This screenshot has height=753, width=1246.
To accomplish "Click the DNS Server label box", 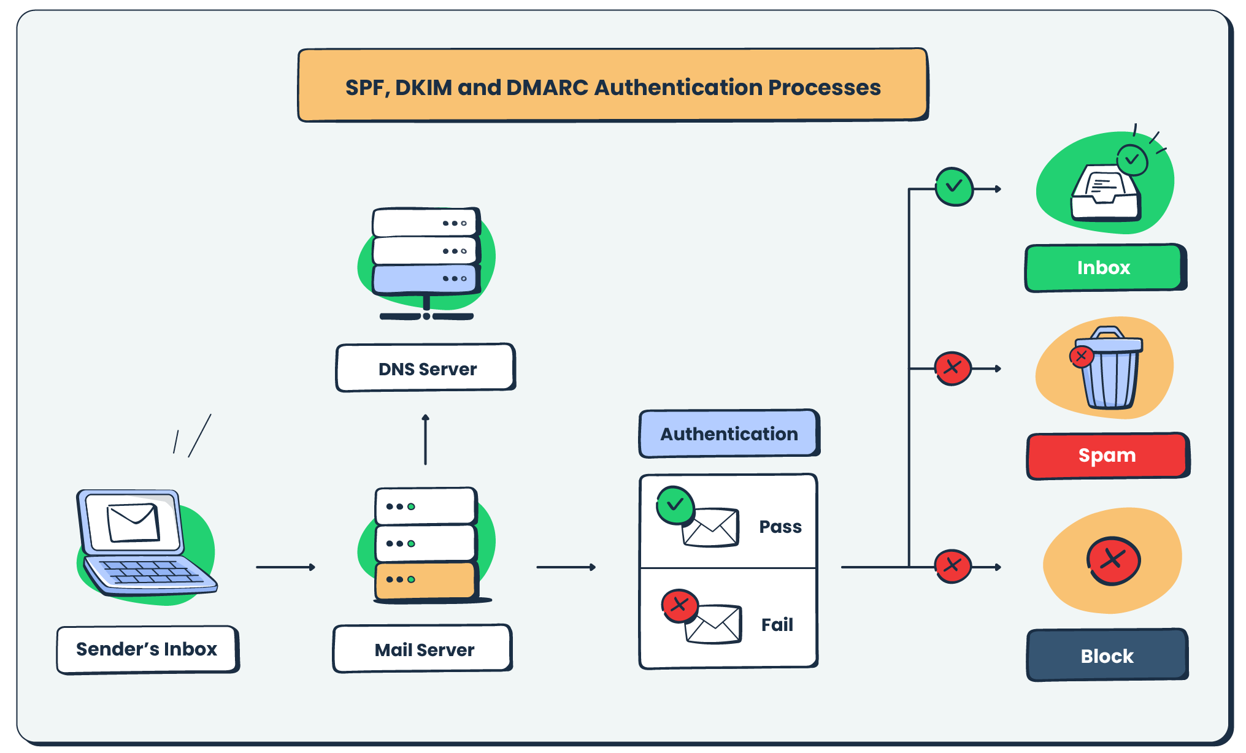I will tap(426, 368).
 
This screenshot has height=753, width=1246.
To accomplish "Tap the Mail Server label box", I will tap(423, 649).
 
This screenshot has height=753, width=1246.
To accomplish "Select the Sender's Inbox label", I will tap(147, 649).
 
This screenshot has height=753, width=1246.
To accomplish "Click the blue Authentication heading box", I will tap(729, 434).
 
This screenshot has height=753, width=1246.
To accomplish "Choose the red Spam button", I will tap(1107, 456).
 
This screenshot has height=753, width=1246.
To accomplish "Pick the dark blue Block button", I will tap(1107, 656).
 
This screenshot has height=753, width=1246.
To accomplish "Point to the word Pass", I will tap(780, 527).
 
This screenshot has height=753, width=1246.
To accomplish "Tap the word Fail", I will tap(777, 625).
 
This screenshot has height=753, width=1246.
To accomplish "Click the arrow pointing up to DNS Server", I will tap(425, 439).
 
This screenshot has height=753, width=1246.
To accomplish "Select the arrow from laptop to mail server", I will tap(285, 567).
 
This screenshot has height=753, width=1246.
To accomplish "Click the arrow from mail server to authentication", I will tap(566, 567).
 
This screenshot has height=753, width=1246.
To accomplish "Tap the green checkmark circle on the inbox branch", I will tap(954, 186).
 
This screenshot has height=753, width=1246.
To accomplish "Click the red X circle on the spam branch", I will tap(953, 368).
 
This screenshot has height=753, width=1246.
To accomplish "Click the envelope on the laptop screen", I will tap(133, 522).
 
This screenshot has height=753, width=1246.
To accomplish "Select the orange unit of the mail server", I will tap(425, 580).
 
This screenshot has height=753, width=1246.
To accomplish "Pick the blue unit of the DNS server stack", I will tap(425, 279).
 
